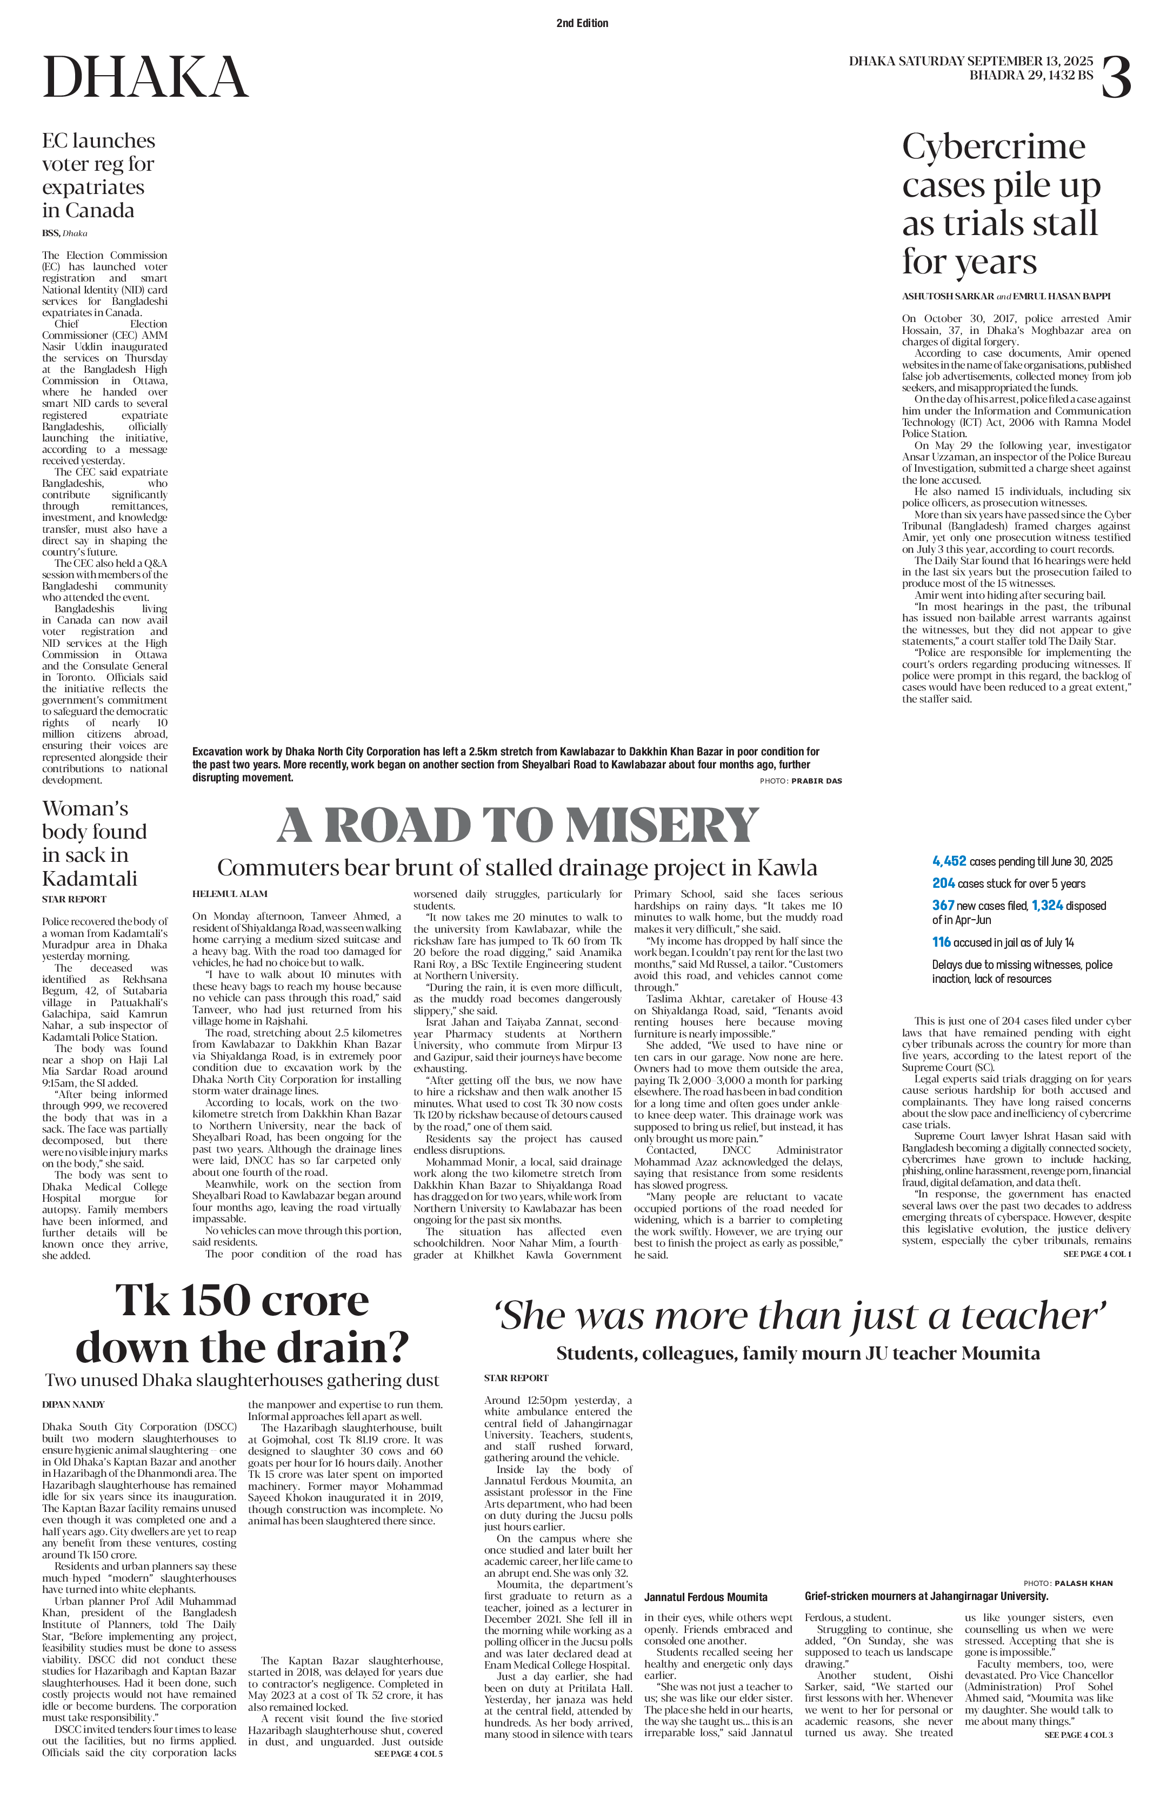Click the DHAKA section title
pyautogui.click(x=145, y=77)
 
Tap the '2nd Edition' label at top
pyautogui.click(x=582, y=23)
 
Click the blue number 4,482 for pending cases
pyautogui.click(x=950, y=861)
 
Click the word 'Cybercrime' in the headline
pyautogui.click(x=994, y=147)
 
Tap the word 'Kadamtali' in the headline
pyautogui.click(x=90, y=879)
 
